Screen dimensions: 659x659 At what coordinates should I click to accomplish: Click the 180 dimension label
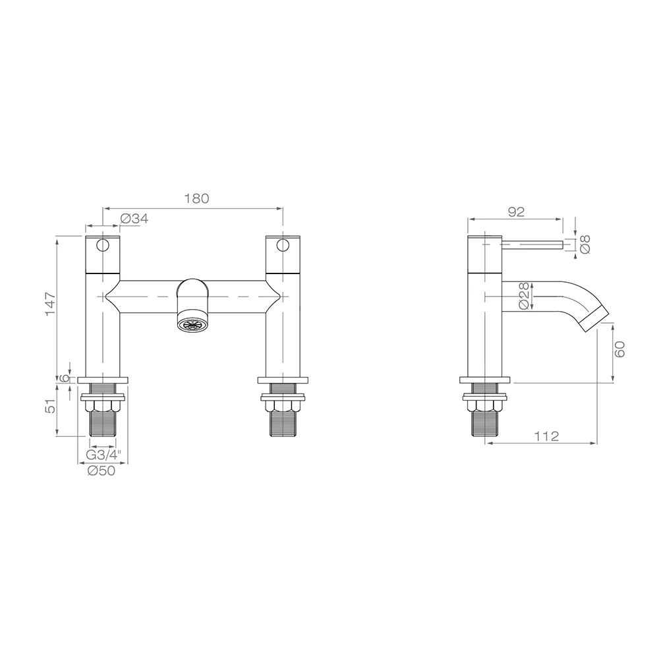196,198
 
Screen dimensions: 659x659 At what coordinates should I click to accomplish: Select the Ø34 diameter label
134,219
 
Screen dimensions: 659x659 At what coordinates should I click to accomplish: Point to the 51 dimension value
51,406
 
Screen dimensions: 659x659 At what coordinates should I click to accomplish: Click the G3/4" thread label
103,454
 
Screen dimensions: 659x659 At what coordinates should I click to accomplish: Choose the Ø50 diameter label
101,471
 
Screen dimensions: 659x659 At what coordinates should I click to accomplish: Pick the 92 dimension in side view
516,212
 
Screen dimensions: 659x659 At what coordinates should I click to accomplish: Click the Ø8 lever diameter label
585,244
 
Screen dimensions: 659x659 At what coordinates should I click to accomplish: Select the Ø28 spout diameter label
524,296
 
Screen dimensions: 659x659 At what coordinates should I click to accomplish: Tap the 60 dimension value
620,349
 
